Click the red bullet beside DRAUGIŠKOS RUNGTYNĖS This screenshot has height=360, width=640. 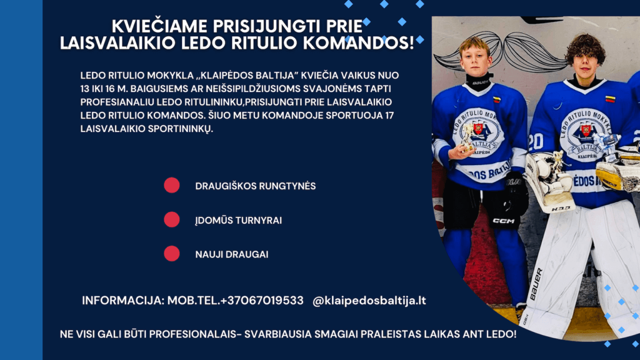(172, 185)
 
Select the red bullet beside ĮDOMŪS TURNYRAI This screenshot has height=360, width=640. (172, 219)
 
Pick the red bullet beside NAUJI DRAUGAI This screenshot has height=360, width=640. (172, 254)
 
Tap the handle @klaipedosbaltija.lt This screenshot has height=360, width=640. (369, 301)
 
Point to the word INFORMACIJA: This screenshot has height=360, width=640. (123, 301)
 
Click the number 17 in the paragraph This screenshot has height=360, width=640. (389, 116)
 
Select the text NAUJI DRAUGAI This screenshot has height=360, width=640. (232, 254)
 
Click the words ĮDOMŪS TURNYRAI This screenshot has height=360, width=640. (238, 221)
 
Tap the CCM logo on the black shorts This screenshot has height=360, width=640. (504, 221)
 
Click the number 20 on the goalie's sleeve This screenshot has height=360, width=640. (536, 142)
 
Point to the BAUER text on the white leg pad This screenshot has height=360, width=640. (536, 284)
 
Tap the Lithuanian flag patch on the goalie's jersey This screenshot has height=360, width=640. (610, 99)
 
